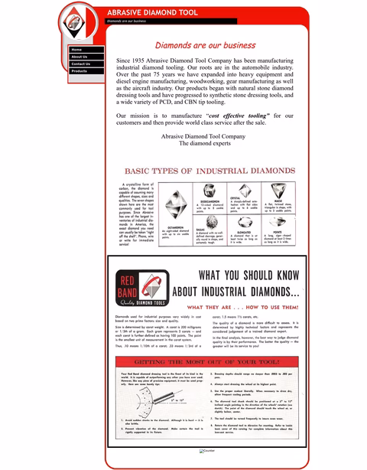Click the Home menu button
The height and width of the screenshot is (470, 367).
tap(86, 50)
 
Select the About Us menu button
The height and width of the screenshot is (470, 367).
tap(86, 57)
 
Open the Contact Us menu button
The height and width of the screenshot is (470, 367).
tap(86, 64)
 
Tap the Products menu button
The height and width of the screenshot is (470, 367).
tap(86, 70)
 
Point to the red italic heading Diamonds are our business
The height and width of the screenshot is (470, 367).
tap(205, 45)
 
